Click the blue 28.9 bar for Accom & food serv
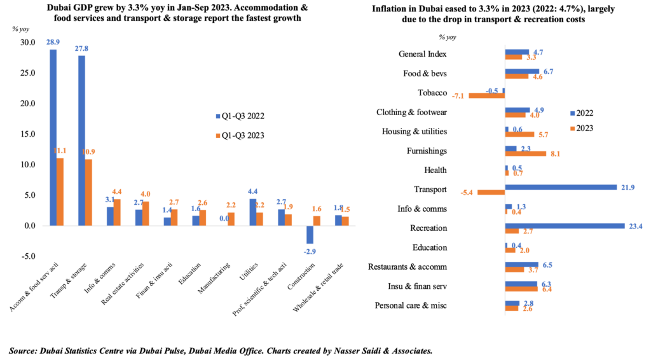[53, 137]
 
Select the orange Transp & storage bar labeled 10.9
[89, 192]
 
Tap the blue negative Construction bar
[310, 235]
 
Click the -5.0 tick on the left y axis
[28, 256]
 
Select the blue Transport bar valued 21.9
[561, 187]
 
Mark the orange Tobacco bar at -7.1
[486, 95]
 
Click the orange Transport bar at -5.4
[491, 192]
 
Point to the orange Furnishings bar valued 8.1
[525, 153]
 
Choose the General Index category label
[423, 54]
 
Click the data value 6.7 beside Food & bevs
[547, 71]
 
